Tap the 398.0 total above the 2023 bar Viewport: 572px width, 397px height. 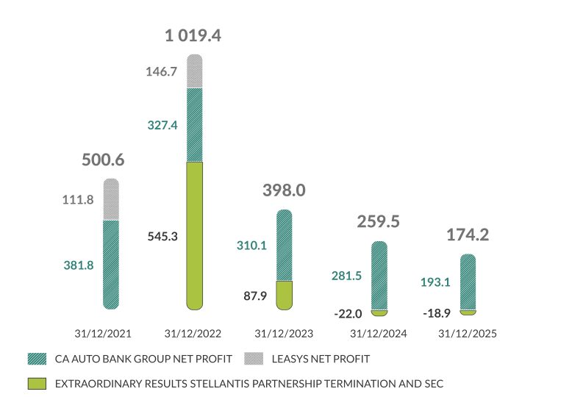pyautogui.click(x=284, y=190)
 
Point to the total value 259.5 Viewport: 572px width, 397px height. pyautogui.click(x=378, y=221)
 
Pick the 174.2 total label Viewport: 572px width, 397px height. pyautogui.click(x=468, y=235)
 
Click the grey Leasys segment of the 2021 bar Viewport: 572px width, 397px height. pyautogui.click(x=111, y=199)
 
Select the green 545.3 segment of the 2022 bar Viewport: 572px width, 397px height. pyautogui.click(x=193, y=235)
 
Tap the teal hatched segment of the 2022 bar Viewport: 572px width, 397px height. pyautogui.click(x=193, y=125)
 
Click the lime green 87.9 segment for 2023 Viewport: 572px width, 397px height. pyautogui.click(x=284, y=294)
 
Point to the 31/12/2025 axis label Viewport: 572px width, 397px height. pyautogui.click(x=468, y=333)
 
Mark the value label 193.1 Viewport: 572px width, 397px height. pyautogui.click(x=435, y=282)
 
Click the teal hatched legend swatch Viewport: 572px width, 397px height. pyautogui.click(x=36, y=359)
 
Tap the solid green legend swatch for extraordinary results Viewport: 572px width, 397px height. pyautogui.click(x=36, y=383)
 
